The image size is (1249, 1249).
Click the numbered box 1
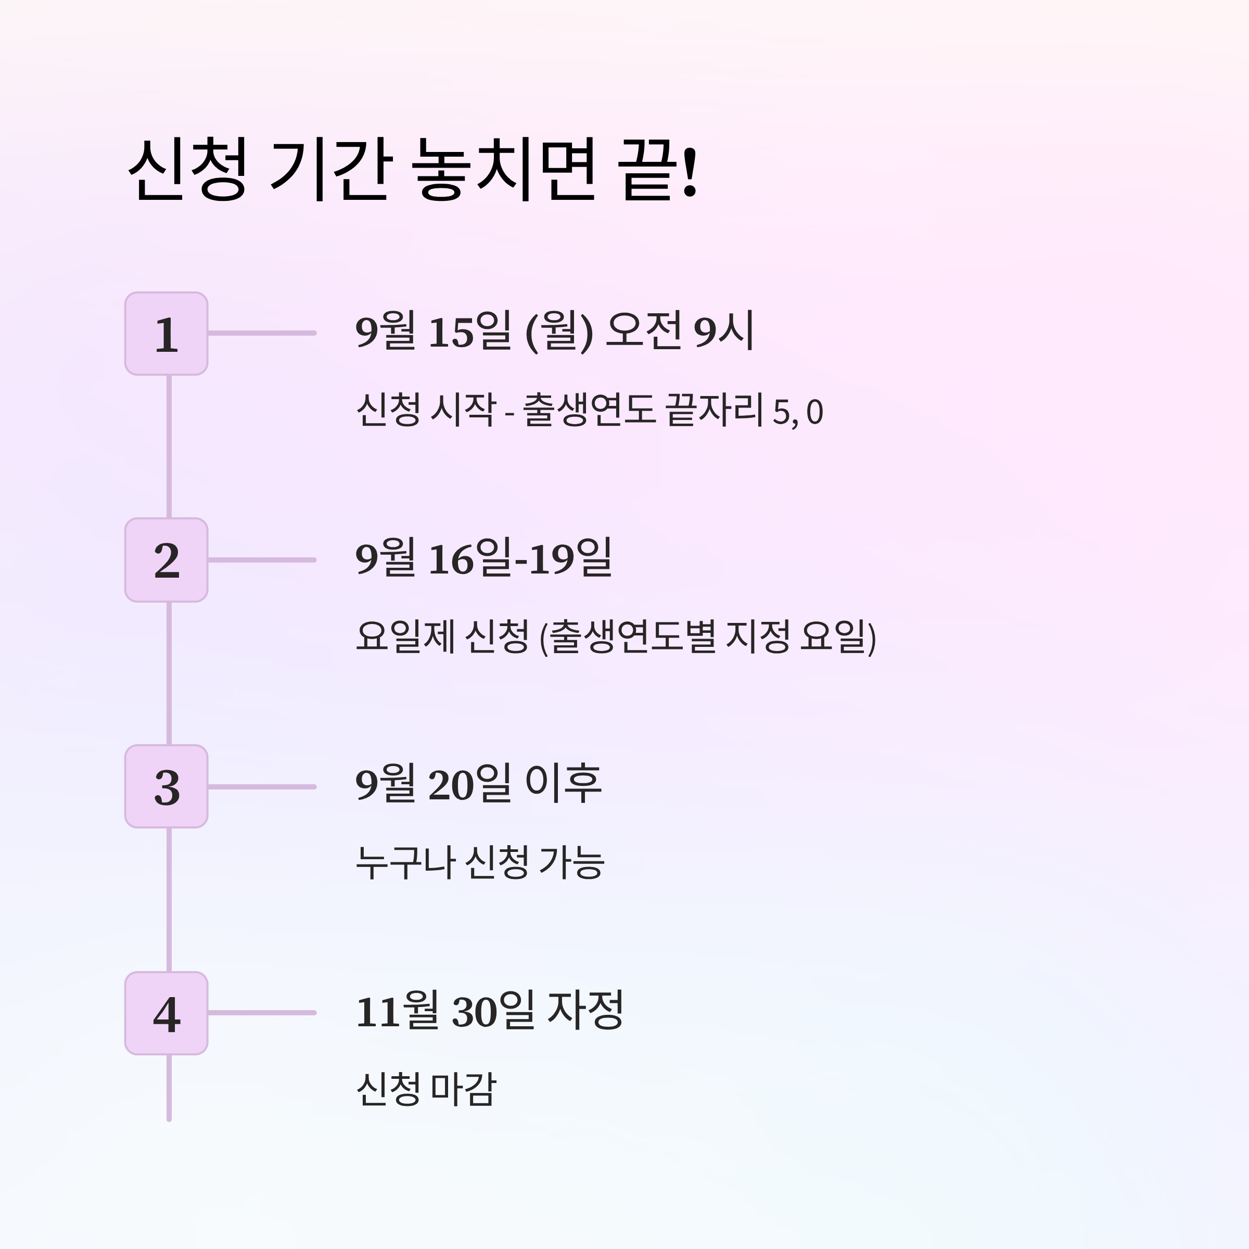tap(166, 334)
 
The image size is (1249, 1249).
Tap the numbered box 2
tap(166, 560)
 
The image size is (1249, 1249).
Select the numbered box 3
tap(166, 787)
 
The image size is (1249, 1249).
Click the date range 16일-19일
tap(520, 558)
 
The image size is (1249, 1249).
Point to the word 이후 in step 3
tap(563, 784)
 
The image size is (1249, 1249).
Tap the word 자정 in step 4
tap(585, 1011)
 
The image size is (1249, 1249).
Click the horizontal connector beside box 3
tap(262, 787)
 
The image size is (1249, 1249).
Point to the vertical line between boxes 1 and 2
tap(169, 446)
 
